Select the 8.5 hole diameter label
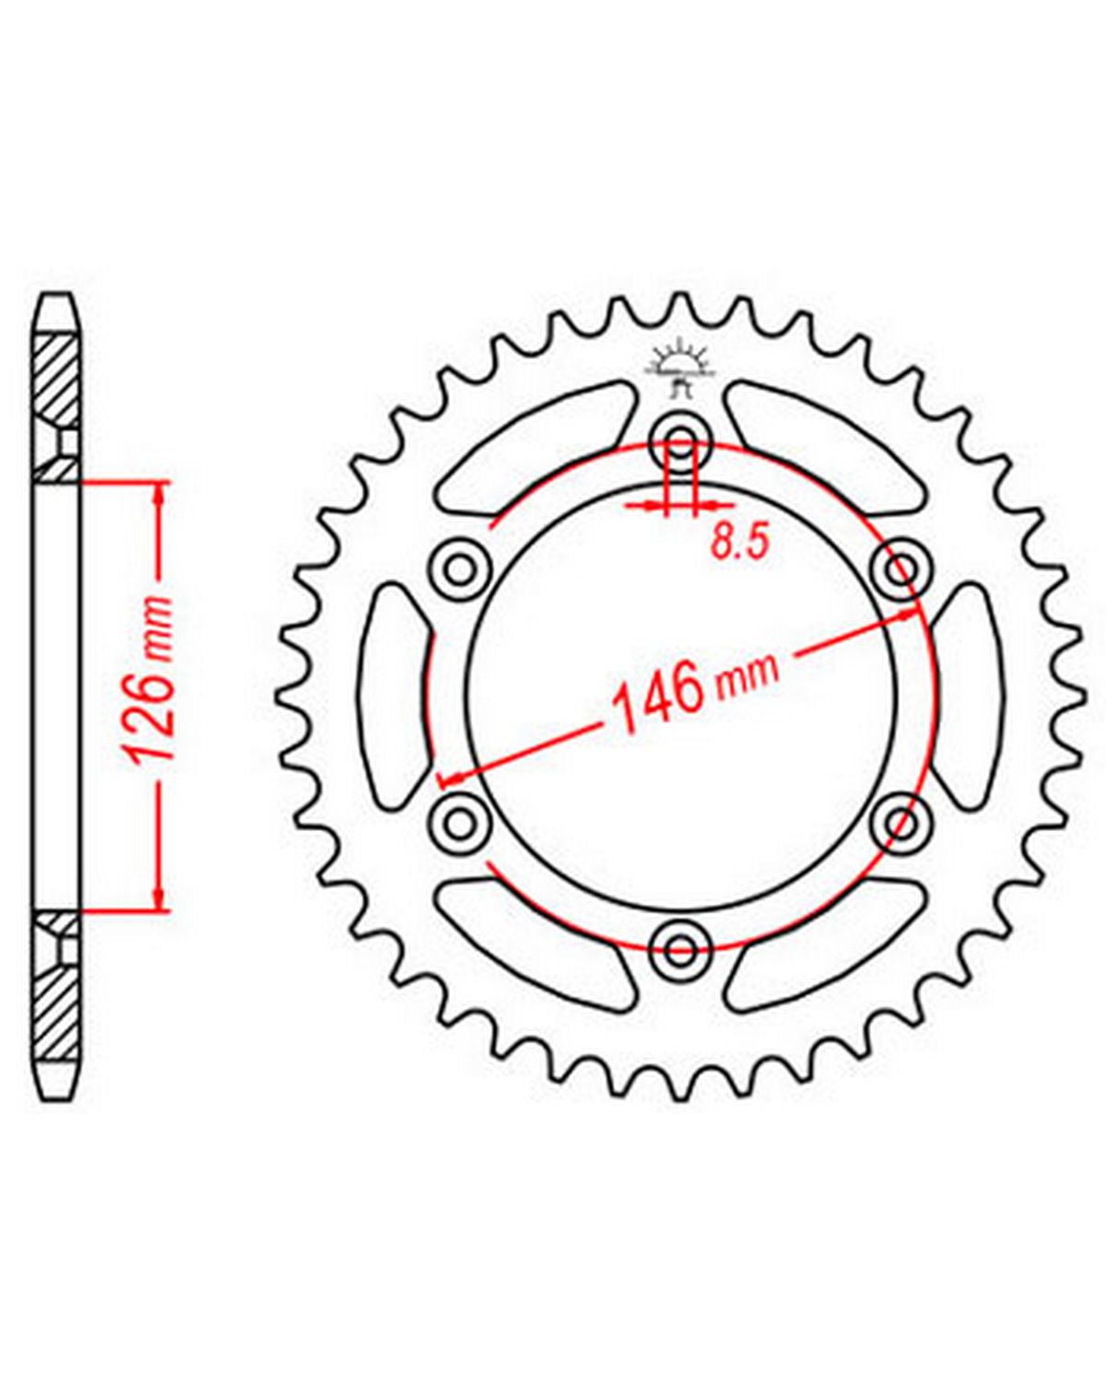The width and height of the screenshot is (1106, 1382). pyautogui.click(x=739, y=544)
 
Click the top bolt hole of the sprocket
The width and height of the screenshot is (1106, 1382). pyautogui.click(x=680, y=443)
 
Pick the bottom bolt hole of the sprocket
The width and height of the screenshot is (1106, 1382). pyautogui.click(x=680, y=948)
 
